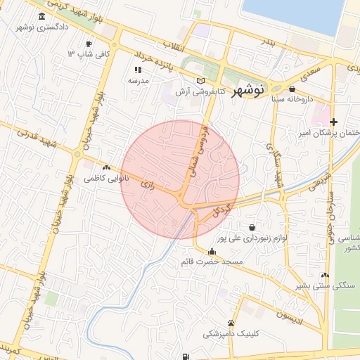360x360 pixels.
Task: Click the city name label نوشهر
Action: click(247, 89)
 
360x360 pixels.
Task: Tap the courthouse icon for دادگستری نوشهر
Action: click(43, 16)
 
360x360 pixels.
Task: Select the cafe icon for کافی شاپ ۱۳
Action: click(89, 44)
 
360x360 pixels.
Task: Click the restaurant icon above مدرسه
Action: click(138, 70)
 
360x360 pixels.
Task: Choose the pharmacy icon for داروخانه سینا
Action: click(292, 89)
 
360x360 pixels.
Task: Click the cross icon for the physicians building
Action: click(333, 122)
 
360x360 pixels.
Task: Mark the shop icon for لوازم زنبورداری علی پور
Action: click(252, 226)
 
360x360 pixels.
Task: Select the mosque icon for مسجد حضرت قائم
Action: click(212, 251)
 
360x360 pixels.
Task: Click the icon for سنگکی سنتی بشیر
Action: click(324, 275)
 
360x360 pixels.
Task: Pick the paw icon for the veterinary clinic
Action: click(231, 322)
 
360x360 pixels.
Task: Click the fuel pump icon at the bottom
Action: click(185, 356)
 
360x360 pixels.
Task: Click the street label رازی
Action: click(147, 184)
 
